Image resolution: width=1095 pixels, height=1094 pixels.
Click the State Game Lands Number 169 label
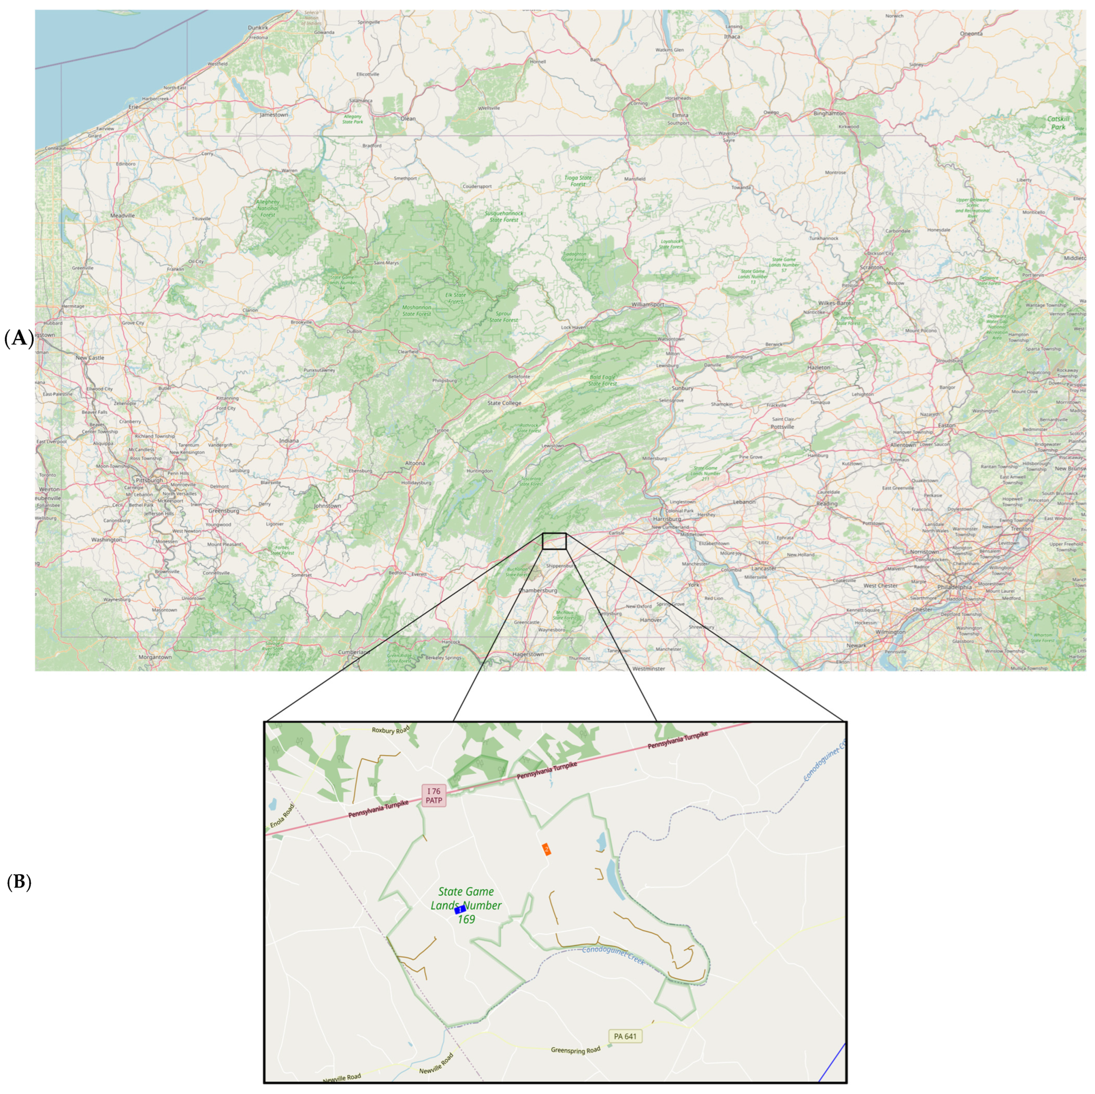click(466, 905)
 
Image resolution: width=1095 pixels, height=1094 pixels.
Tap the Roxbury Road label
click(390, 730)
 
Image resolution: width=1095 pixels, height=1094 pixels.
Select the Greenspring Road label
click(575, 1050)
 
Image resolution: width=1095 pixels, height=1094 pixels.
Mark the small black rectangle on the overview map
click(554, 541)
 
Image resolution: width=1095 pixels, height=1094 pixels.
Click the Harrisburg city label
click(667, 518)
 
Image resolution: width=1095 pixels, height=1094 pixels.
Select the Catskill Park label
click(1058, 123)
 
